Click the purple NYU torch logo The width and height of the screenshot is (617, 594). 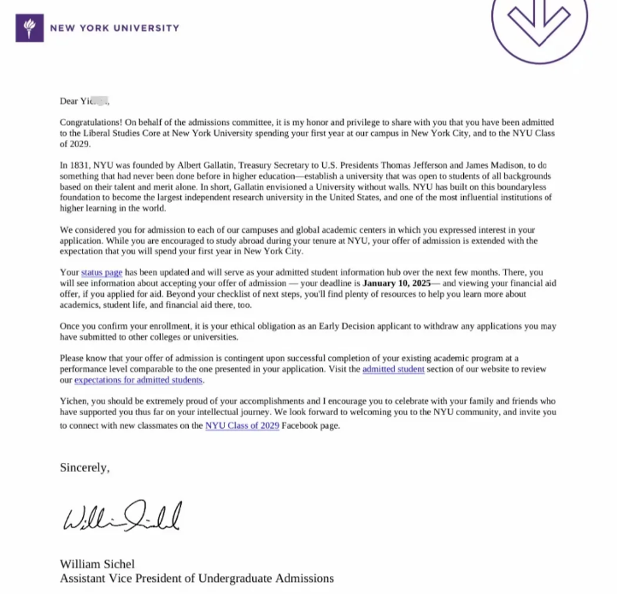pos(29,27)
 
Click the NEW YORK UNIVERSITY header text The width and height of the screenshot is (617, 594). pos(115,27)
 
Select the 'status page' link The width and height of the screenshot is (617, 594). pos(103,272)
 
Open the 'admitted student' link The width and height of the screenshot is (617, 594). pos(393,370)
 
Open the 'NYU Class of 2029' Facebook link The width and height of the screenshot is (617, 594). pos(244,425)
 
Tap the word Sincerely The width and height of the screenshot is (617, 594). pos(85,467)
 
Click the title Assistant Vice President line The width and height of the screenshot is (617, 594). pos(197,579)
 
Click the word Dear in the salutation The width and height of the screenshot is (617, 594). pos(68,101)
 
